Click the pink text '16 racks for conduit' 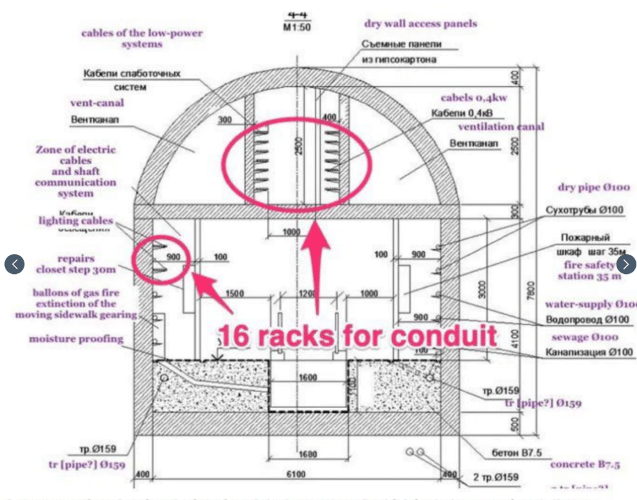click(x=357, y=336)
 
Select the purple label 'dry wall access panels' click(x=421, y=24)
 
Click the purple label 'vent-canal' click(x=97, y=102)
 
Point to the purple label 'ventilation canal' click(x=501, y=127)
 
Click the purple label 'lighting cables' click(x=76, y=220)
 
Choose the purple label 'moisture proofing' click(x=77, y=339)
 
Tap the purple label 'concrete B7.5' click(x=585, y=464)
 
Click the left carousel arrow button click(x=14, y=264)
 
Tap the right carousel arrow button click(x=626, y=264)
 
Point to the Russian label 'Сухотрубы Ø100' click(x=584, y=210)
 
